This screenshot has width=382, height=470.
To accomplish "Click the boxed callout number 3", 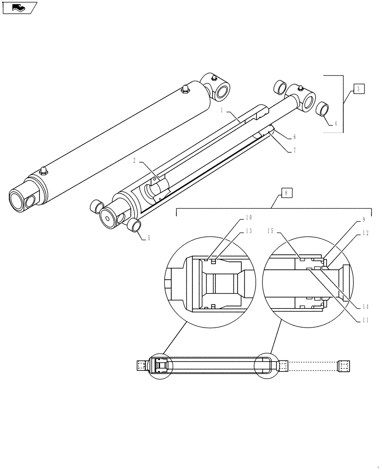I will (358, 88).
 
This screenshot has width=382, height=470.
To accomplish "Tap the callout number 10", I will (249, 218).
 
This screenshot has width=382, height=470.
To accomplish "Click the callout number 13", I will (249, 231).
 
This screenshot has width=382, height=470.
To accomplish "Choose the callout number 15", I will (271, 231).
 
